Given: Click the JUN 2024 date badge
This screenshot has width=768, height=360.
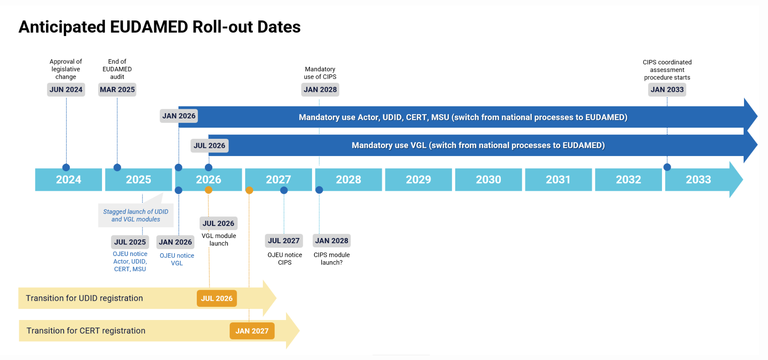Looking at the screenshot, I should (x=66, y=90).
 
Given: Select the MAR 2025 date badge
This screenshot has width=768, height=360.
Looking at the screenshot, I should (x=117, y=90).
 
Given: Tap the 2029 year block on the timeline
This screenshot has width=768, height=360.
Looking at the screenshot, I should (x=418, y=180).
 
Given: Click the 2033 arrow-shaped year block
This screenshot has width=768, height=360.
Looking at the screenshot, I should (x=699, y=180).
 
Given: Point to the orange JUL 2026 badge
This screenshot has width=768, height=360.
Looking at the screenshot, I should (x=217, y=298).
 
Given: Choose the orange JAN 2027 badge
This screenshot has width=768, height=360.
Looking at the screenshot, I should (x=252, y=331).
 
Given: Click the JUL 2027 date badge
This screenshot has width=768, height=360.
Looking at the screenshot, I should (x=284, y=241).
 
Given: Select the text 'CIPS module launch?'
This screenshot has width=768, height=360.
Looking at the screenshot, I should (x=332, y=258).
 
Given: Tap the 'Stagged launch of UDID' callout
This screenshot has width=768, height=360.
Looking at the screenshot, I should (x=136, y=215).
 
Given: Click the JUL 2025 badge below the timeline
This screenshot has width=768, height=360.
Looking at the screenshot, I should (x=130, y=242).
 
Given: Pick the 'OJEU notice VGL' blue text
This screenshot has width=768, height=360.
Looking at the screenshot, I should (x=177, y=259).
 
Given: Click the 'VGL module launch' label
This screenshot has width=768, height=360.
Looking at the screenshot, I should (x=219, y=240).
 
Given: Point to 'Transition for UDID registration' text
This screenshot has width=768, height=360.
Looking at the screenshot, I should (x=84, y=298).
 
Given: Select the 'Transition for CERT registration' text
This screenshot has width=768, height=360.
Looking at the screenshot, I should (x=86, y=331).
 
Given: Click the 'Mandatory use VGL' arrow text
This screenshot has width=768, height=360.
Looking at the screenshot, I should (x=478, y=145).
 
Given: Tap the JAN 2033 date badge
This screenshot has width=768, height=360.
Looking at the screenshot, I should (x=667, y=90).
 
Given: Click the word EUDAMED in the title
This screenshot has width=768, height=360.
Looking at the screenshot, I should (x=149, y=27).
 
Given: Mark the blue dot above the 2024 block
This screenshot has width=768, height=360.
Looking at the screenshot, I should (x=66, y=167).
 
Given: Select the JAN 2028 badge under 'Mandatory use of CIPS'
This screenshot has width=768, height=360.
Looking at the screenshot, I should (x=320, y=90).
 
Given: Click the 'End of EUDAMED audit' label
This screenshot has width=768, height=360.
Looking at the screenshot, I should (x=117, y=69).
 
